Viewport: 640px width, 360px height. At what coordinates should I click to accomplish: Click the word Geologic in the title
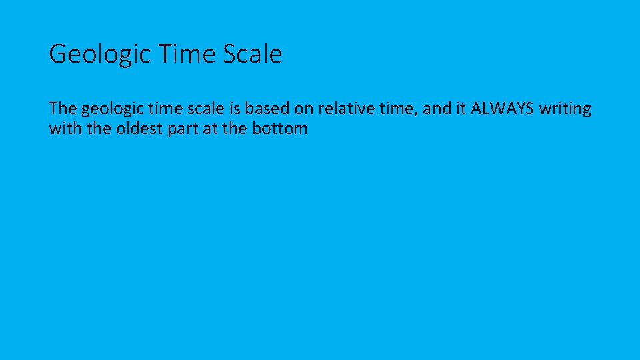tap(99, 54)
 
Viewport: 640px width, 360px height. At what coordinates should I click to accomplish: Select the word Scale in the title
tap(253, 54)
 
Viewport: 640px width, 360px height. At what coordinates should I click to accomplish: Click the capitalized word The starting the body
tap(63, 109)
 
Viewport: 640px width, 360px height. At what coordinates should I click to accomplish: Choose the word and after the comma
tap(436, 109)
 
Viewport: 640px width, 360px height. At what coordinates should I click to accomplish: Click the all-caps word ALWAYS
tap(502, 109)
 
